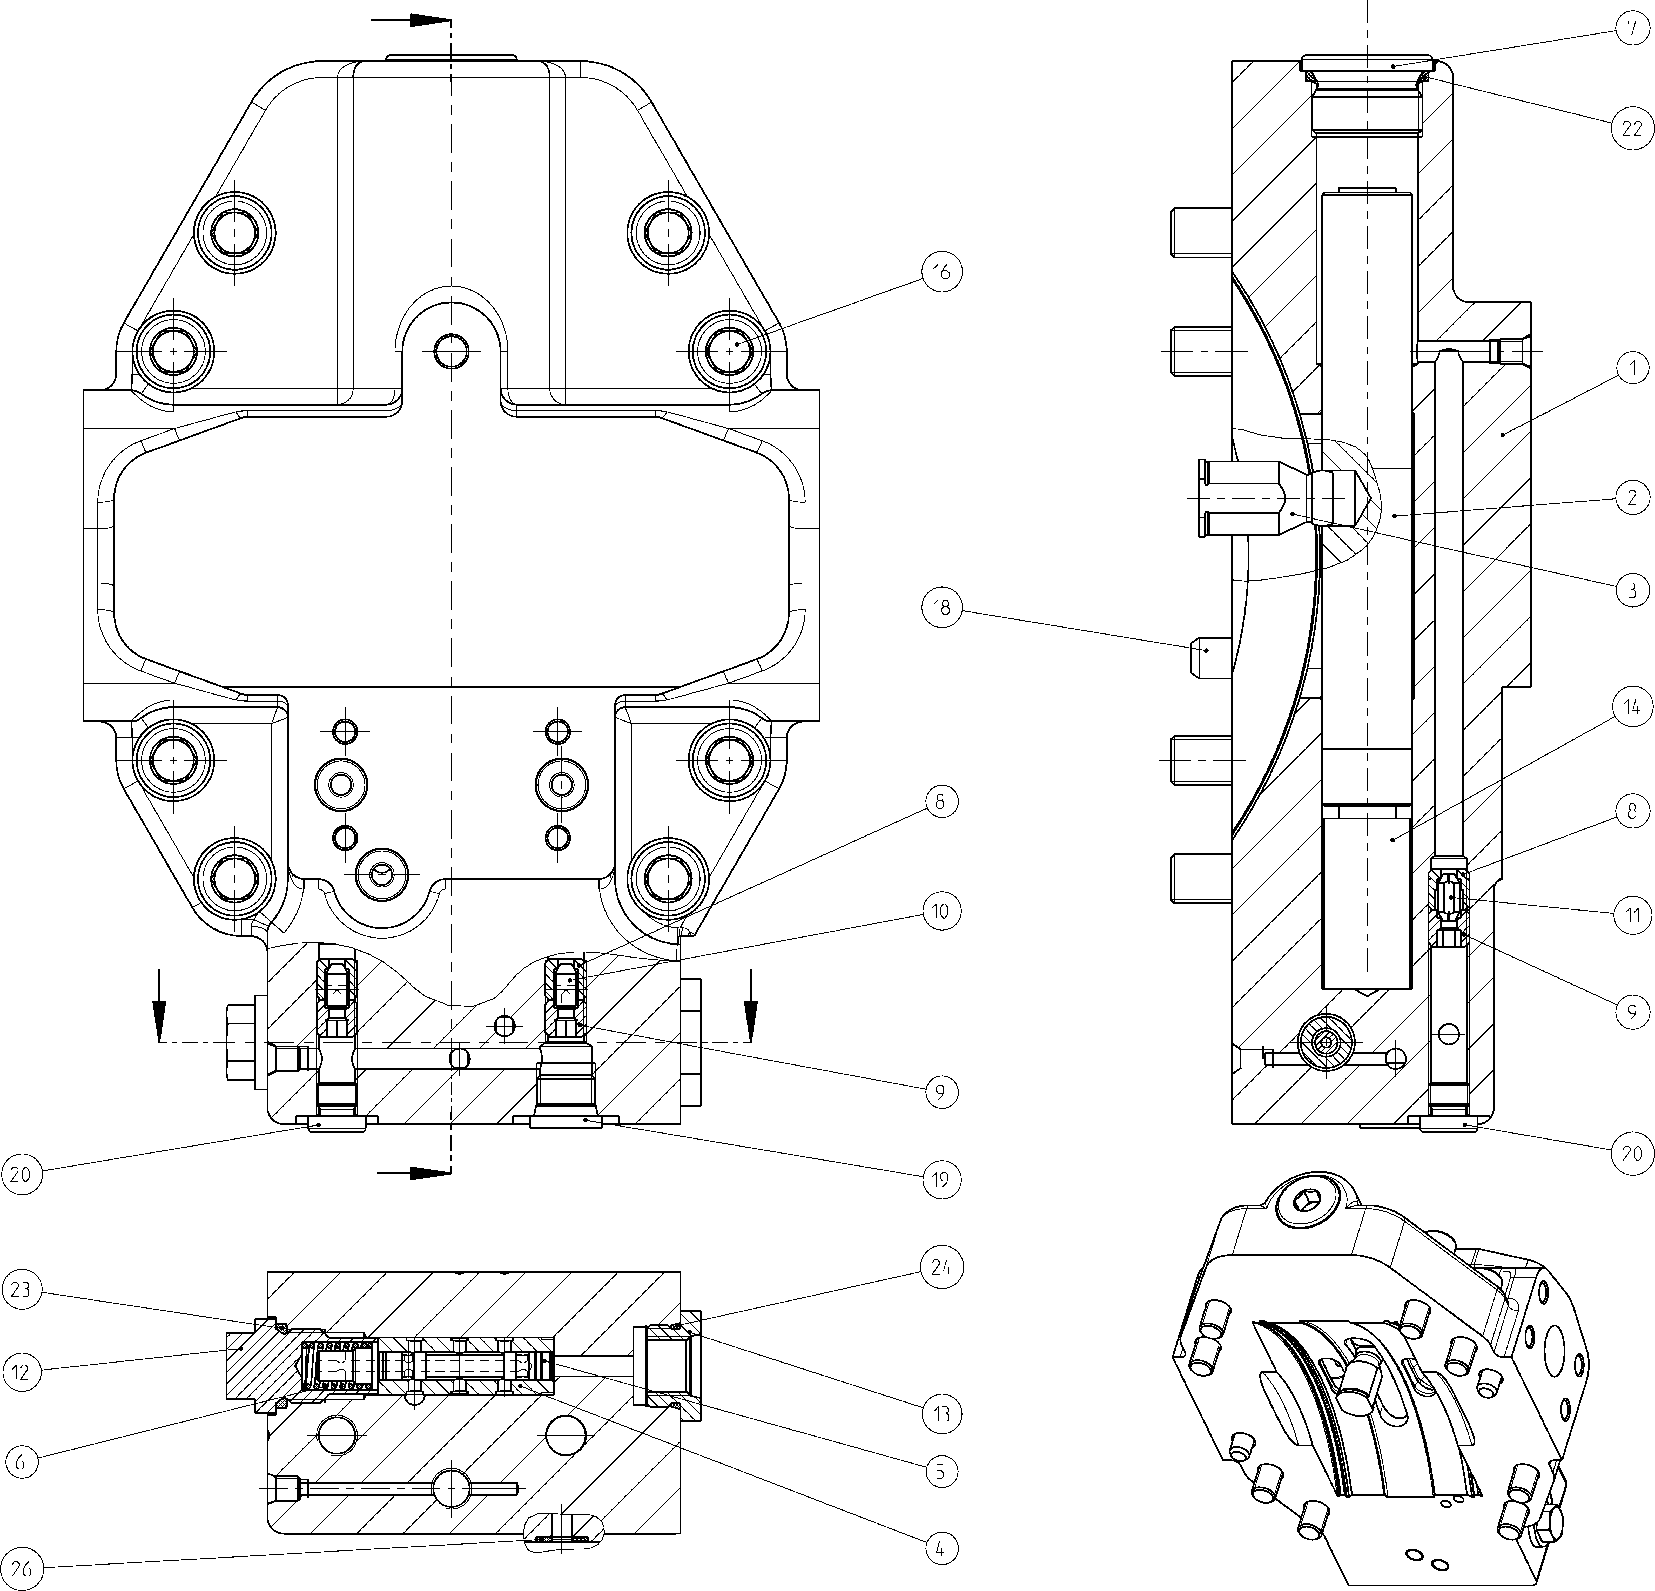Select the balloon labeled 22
pyautogui.click(x=1631, y=128)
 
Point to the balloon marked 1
pyautogui.click(x=1631, y=368)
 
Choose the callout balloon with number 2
pyautogui.click(x=1631, y=497)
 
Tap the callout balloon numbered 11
pyautogui.click(x=1631, y=915)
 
